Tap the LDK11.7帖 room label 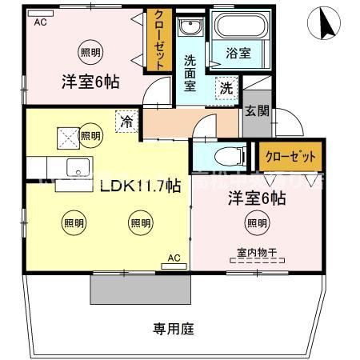tap(139, 186)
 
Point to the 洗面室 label tap(190, 72)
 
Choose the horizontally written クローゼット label tap(290, 155)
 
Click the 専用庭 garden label tap(174, 328)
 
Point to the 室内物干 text tap(257, 253)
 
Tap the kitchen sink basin tap(78, 167)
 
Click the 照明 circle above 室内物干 tap(258, 223)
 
